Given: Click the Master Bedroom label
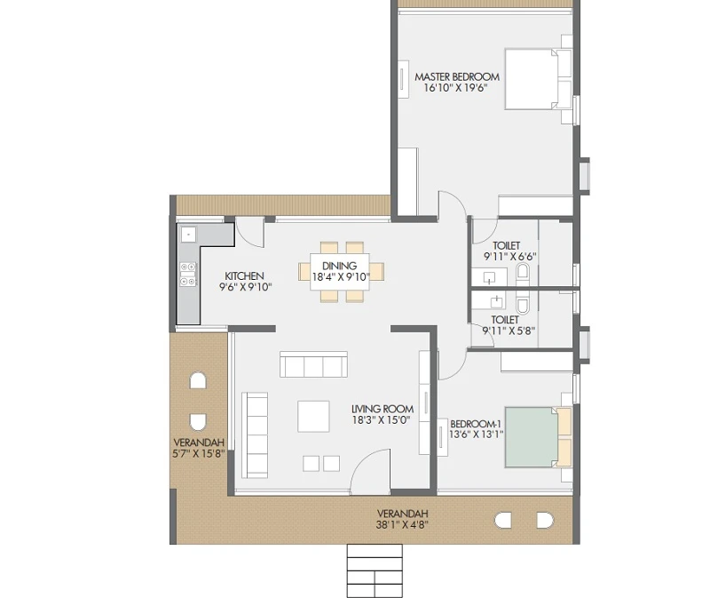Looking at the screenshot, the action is coord(457,76).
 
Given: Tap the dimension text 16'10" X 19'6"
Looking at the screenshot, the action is coord(455,87).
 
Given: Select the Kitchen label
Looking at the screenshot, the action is coord(244,275).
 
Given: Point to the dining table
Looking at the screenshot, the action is coord(340,272).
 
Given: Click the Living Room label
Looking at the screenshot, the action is coord(383,409).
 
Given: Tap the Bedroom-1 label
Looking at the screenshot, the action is coord(476,424).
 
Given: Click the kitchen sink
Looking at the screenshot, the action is coord(187,235).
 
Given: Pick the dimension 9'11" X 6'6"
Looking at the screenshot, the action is coord(509,256).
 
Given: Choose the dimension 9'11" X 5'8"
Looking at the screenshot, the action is coord(509,331).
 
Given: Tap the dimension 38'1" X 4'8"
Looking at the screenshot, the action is coord(402,524).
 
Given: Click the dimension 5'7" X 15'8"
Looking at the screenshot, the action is coord(199,453).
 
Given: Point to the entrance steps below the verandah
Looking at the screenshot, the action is coord(375,570).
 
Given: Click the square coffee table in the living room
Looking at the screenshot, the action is coord(313,416).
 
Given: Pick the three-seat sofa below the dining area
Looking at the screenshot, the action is coord(313,364).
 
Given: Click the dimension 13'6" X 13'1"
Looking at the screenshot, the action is coord(476,435).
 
